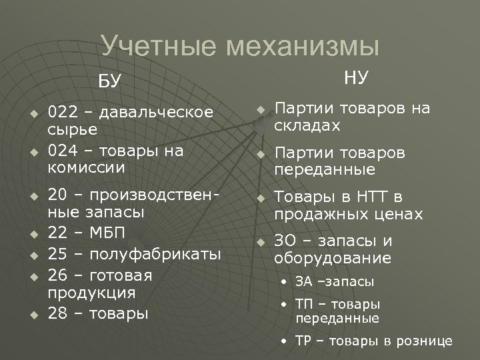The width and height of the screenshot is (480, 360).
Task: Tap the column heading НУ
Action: (356, 78)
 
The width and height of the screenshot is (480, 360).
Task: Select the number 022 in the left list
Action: (63, 111)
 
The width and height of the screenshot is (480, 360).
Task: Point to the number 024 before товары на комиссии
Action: (63, 151)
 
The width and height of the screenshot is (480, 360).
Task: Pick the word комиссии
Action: (87, 167)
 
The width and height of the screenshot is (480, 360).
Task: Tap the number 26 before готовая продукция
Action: (57, 275)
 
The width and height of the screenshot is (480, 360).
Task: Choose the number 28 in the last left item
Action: (57, 313)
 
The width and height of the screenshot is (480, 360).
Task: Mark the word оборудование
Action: (333, 258)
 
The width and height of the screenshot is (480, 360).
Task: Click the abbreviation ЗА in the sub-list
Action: (303, 282)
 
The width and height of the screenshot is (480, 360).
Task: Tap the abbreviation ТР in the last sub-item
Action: (303, 341)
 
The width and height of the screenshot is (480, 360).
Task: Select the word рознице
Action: (425, 341)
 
